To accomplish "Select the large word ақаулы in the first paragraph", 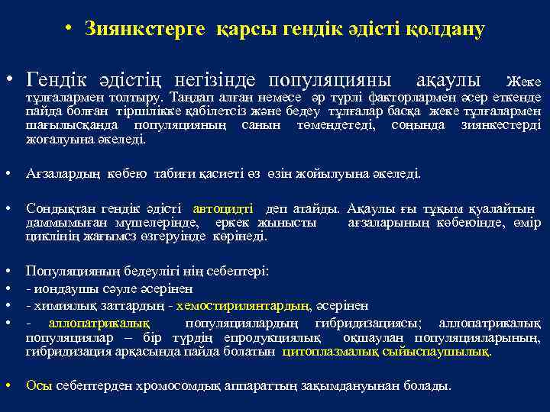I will click(x=448, y=79).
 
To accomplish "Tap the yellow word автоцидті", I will click(x=225, y=208).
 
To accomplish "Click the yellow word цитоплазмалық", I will click(x=331, y=352).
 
